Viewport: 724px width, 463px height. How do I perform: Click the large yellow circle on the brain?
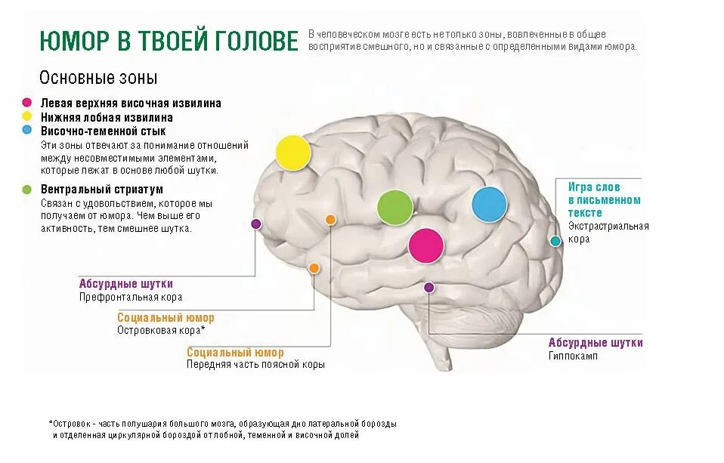point(292,152)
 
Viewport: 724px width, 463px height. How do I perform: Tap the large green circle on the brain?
point(395,207)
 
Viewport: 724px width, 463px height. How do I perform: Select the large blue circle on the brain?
point(489,204)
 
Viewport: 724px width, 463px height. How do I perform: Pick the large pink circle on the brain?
point(425,245)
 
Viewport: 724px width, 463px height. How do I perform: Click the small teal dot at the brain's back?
point(555,241)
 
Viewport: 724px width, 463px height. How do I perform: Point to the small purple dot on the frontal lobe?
point(256,224)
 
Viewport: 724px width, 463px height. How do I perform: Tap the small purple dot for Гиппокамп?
point(429,287)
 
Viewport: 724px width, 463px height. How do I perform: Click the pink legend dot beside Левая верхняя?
point(27,103)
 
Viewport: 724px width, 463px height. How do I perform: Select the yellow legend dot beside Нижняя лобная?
point(27,116)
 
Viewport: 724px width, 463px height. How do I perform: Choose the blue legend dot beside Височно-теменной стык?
point(27,130)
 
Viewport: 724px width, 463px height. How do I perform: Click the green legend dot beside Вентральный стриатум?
point(27,189)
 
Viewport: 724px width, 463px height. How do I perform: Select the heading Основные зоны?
point(98,79)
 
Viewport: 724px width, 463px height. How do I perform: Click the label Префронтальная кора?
point(131,298)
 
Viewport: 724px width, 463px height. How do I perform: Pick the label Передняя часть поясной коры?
point(255,365)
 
